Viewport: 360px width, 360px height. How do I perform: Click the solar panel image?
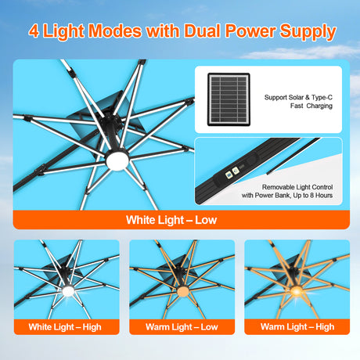(229, 99)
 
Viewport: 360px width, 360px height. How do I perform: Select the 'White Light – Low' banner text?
(171, 220)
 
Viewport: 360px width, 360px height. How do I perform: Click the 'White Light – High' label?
(66, 326)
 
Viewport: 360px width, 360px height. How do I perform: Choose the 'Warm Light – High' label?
(297, 326)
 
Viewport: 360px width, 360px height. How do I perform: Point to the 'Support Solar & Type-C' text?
(298, 97)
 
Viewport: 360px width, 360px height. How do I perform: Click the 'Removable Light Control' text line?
(298, 189)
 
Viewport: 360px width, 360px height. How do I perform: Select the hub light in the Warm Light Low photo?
(181, 294)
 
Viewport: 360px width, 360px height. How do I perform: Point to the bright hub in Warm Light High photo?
(296, 293)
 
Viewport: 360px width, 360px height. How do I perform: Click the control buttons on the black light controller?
(232, 174)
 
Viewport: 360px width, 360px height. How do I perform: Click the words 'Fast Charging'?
(299, 107)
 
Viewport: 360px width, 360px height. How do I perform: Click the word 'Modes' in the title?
(115, 32)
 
